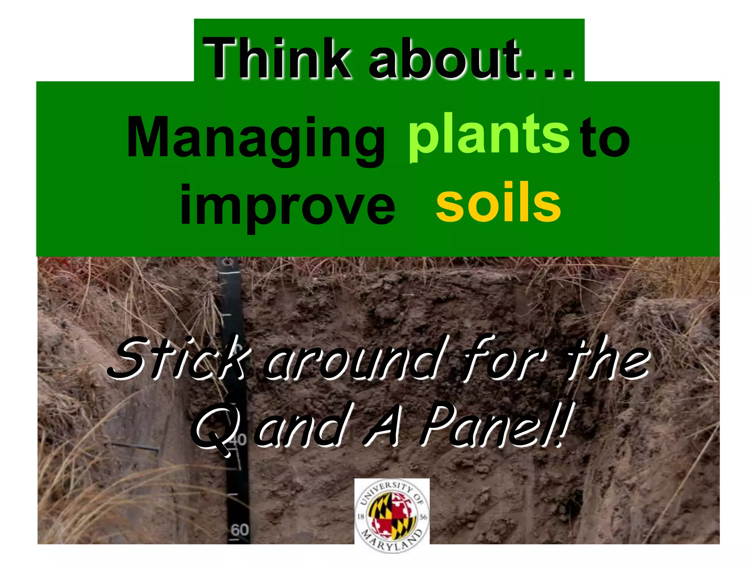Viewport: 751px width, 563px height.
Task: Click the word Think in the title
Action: [277, 59]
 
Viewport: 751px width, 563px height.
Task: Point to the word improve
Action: [287, 206]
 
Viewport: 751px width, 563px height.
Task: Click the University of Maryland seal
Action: [392, 515]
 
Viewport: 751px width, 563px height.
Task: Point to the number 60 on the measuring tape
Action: [240, 530]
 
